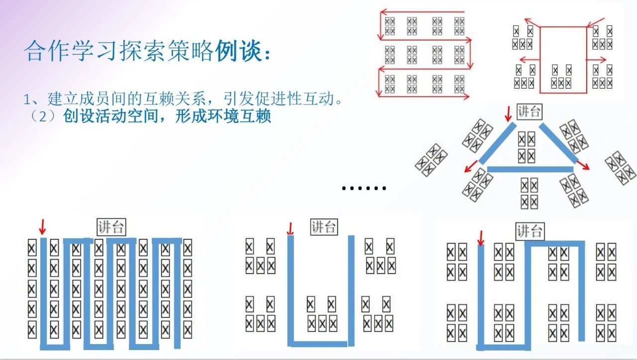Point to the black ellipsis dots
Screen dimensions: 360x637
tap(364, 188)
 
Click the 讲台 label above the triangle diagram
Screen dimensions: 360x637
tap(529, 112)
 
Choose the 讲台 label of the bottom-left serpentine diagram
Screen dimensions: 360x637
tap(111, 228)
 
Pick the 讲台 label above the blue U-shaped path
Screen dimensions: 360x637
tap(323, 227)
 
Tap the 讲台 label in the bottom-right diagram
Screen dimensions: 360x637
tap(530, 232)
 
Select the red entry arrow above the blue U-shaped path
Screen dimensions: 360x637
tap(291, 229)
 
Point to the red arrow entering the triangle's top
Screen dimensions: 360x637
tap(508, 115)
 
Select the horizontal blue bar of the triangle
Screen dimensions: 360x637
tap(530, 169)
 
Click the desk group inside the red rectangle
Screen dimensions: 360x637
tap(562, 76)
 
